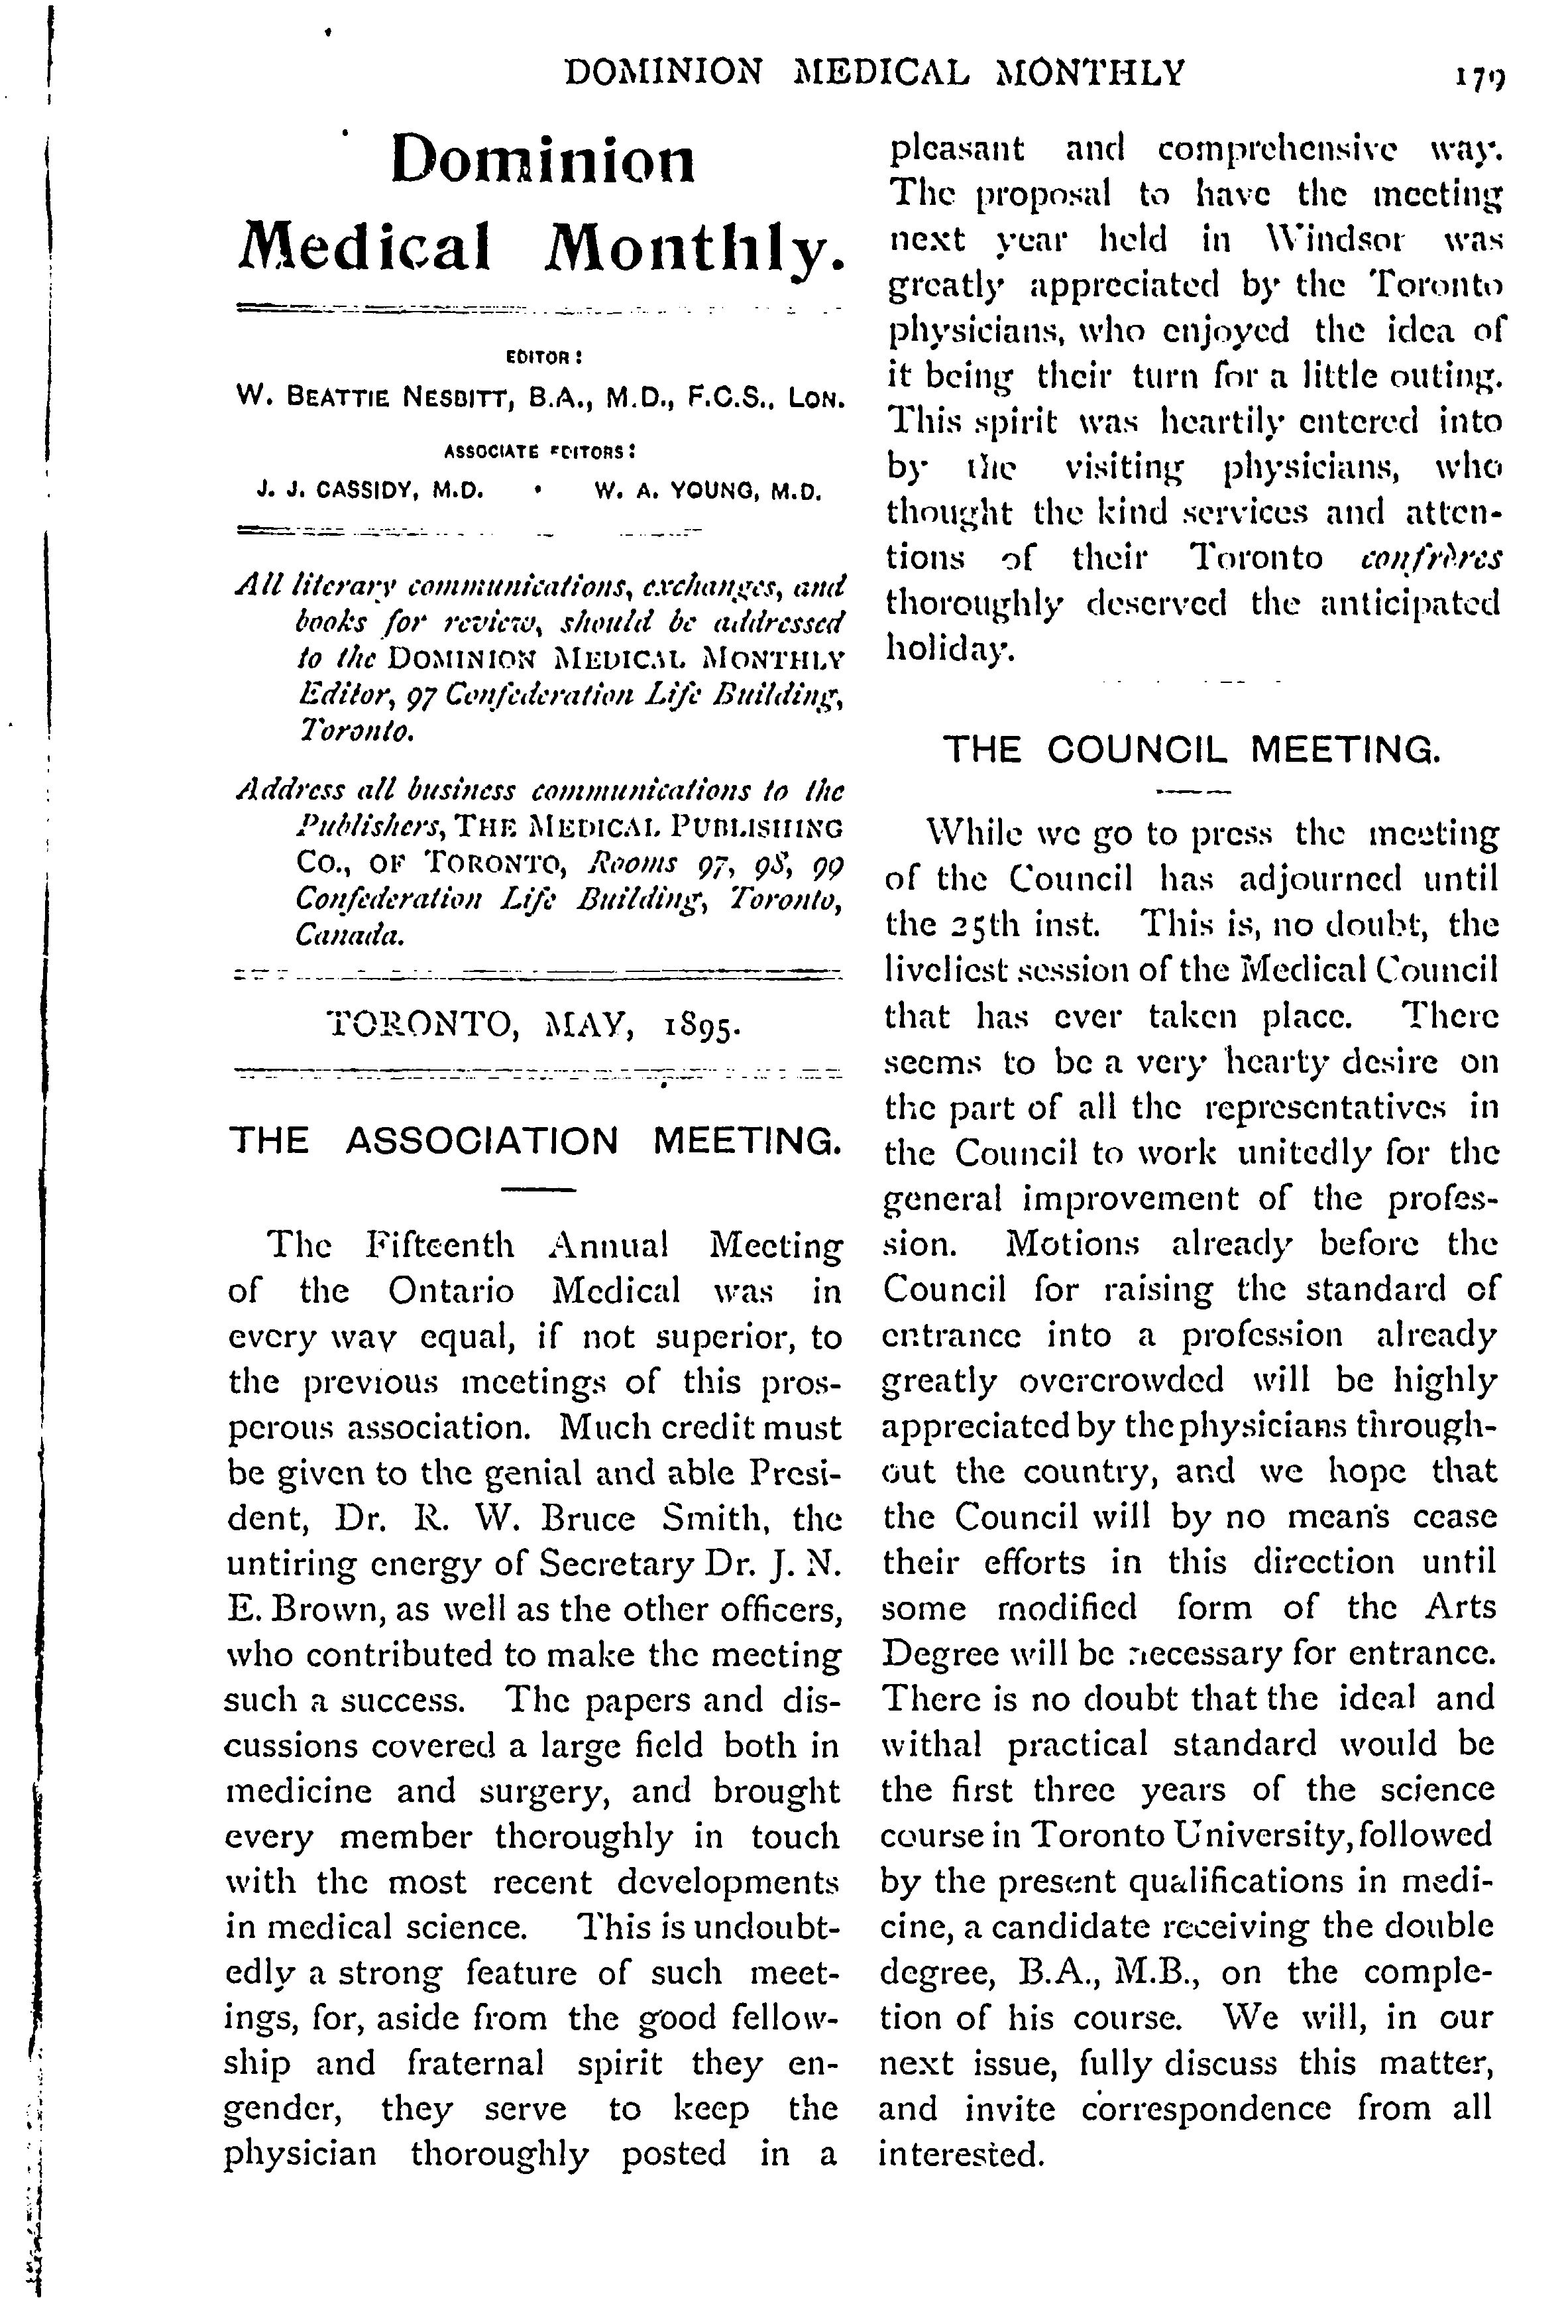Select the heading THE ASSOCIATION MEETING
click(x=535, y=1141)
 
